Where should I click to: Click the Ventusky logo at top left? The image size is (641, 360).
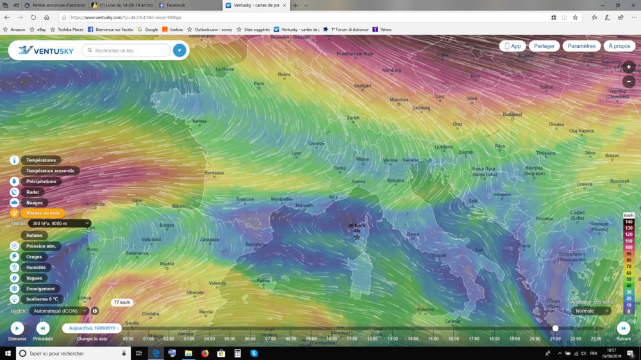(46, 50)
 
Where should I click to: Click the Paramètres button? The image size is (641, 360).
(581, 46)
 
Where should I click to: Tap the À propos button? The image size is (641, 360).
(619, 46)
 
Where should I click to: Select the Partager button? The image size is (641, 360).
(544, 46)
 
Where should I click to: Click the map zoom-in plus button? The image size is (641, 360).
(629, 67)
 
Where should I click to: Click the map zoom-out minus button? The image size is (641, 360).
(629, 82)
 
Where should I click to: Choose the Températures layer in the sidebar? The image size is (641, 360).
(41, 160)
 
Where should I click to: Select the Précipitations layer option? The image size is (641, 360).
(41, 181)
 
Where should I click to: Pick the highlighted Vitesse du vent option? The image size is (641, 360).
(42, 213)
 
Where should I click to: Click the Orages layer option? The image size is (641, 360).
(34, 257)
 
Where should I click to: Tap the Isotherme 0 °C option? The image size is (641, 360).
(42, 299)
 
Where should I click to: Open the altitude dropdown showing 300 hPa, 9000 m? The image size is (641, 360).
(60, 224)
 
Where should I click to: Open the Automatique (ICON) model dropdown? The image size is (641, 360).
(59, 311)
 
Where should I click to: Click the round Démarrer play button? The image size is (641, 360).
(17, 329)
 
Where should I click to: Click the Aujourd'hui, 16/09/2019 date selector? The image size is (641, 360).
(92, 328)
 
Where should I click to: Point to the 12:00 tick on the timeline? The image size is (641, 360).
(372, 338)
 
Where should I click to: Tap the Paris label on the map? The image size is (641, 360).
(259, 83)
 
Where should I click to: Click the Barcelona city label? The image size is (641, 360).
(256, 244)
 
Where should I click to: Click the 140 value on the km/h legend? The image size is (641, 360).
(629, 221)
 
